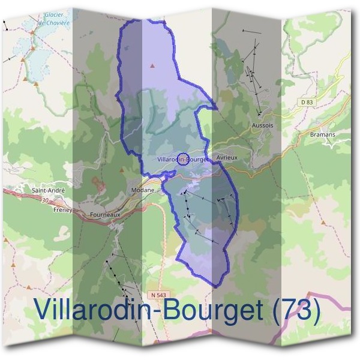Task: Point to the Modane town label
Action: [x=142, y=190]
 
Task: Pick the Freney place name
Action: [x=62, y=210]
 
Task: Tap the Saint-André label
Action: [x=48, y=190]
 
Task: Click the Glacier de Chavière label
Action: [x=53, y=19]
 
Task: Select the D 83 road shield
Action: [x=306, y=103]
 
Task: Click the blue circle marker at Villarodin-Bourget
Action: [x=182, y=159]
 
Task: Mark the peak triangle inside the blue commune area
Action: [x=154, y=65]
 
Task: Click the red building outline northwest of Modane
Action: [x=94, y=179]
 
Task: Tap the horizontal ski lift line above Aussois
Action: [x=251, y=31]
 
